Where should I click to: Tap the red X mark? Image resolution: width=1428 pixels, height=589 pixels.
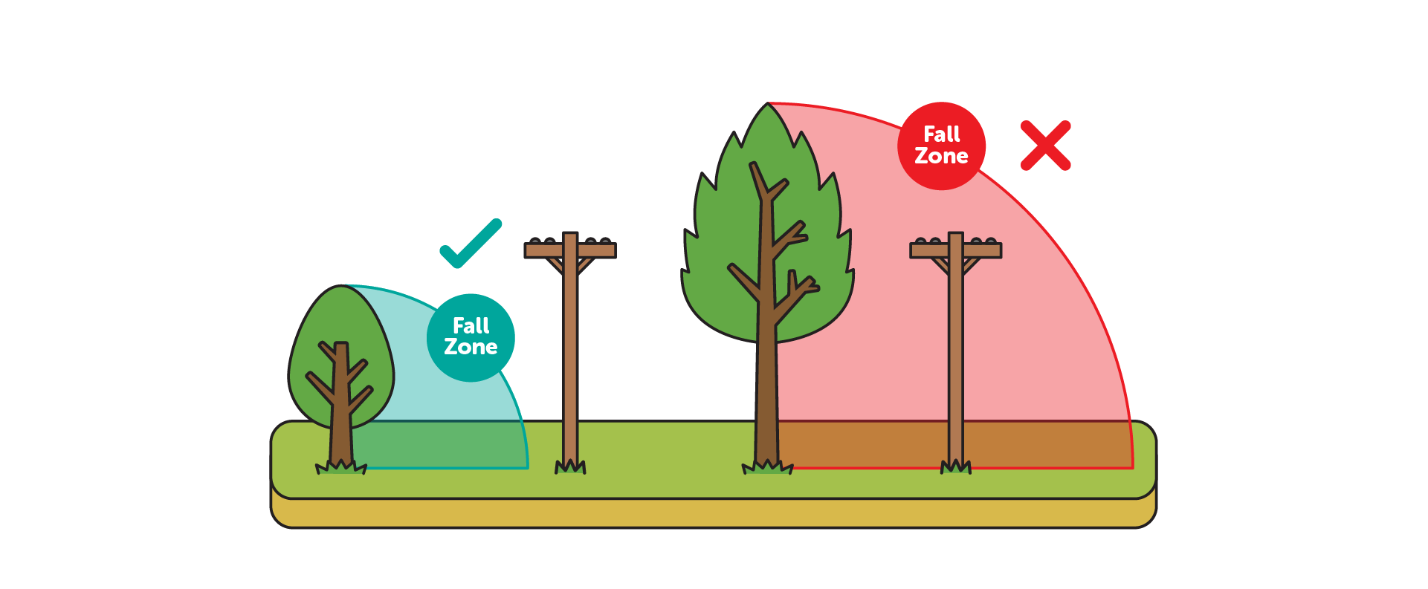[1045, 146]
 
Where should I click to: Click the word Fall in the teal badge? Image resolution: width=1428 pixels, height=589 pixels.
[471, 325]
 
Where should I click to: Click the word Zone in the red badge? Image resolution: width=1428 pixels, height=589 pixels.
[941, 156]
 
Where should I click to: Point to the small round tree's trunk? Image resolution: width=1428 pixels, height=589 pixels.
[341, 416]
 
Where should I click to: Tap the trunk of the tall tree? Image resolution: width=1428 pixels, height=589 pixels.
[766, 386]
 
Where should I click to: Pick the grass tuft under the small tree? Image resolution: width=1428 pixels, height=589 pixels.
[341, 467]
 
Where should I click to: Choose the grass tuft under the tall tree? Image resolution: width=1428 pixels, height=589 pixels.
[768, 467]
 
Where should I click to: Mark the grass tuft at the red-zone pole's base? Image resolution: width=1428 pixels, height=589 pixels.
[956, 467]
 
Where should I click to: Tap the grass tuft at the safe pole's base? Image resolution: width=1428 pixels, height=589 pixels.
[570, 467]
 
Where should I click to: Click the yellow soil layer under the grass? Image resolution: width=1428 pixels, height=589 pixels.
[714, 514]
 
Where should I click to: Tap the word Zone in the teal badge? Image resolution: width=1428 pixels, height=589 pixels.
[471, 347]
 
